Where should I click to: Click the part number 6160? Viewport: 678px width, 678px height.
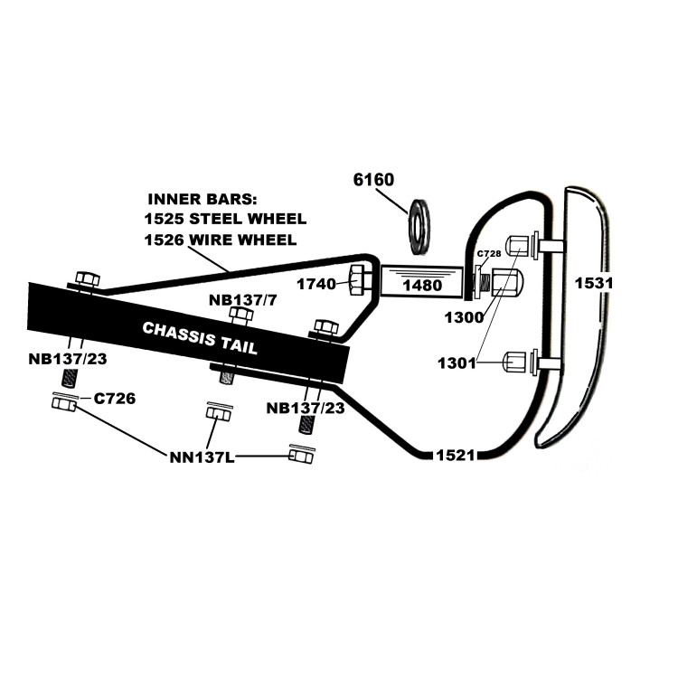(373, 180)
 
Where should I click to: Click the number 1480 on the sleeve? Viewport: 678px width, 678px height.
(420, 286)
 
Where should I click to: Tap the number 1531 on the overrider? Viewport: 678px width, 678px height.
(594, 283)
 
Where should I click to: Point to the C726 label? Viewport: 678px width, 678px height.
(114, 399)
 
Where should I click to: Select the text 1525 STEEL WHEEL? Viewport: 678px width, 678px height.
(225, 219)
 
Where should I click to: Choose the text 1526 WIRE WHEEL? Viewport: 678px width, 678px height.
(220, 240)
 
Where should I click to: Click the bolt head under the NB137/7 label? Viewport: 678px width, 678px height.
(240, 315)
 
